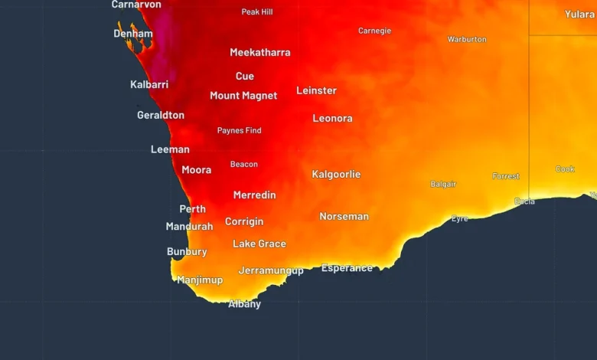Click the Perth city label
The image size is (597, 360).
(192, 209)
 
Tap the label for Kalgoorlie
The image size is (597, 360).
(336, 175)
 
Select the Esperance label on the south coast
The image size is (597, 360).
(347, 268)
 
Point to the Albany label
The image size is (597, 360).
(245, 304)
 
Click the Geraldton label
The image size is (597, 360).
(161, 116)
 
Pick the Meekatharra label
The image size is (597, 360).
(260, 53)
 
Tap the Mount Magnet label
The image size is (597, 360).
(243, 97)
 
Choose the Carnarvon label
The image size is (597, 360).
(136, 5)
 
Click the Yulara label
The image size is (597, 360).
(579, 15)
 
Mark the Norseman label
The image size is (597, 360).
(344, 217)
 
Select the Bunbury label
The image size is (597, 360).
(187, 252)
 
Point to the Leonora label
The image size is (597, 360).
(332, 119)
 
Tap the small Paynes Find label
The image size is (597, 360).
(239, 131)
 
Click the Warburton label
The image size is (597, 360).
(467, 40)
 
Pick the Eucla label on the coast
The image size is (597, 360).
(524, 201)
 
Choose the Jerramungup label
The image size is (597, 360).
(271, 270)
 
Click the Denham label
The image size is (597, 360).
(133, 34)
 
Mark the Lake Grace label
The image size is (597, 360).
(259, 244)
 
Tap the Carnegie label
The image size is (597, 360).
(374, 31)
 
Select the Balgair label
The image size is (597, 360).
(443, 185)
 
